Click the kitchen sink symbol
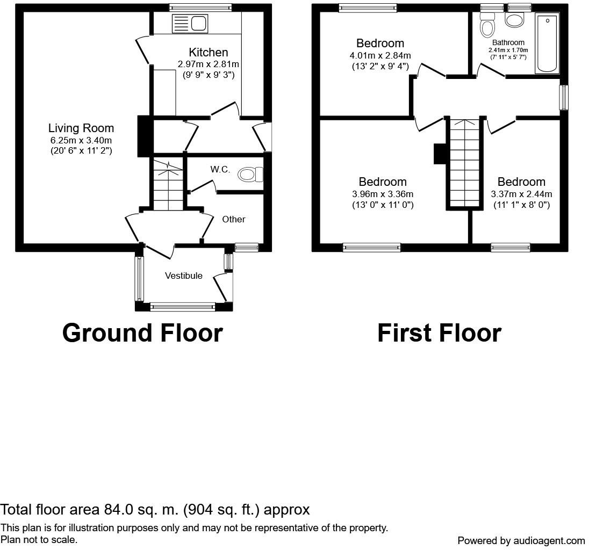pyautogui.click(x=190, y=24)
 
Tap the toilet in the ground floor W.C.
pyautogui.click(x=250, y=175)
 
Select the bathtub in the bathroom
pyautogui.click(x=547, y=43)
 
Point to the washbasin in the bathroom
pyautogui.click(x=514, y=20)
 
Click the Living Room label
pyautogui.click(x=81, y=128)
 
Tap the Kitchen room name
pyautogui.click(x=209, y=52)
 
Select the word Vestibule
pyautogui.click(x=184, y=276)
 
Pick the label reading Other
pyautogui.click(x=234, y=219)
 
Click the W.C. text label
pyautogui.click(x=220, y=169)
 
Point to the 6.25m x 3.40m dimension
pyautogui.click(x=81, y=141)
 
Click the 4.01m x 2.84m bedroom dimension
pyautogui.click(x=380, y=55)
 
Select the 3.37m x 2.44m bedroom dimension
pyautogui.click(x=521, y=194)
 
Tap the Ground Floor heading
pyautogui.click(x=142, y=333)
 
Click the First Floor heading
pyautogui.click(x=439, y=333)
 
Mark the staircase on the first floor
pyautogui.click(x=465, y=163)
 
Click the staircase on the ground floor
pyautogui.click(x=168, y=184)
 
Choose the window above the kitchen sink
pyautogui.click(x=200, y=7)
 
